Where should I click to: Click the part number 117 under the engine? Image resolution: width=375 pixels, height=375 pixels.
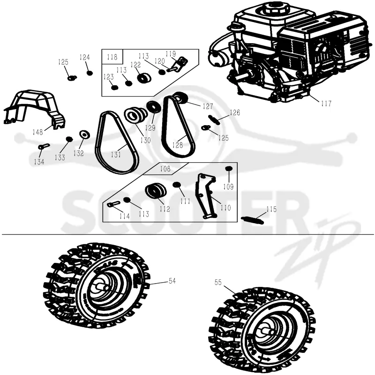click(326, 104)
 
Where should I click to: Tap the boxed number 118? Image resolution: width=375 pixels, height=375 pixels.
click(112, 57)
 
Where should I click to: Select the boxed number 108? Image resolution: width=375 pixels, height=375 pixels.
click(165, 169)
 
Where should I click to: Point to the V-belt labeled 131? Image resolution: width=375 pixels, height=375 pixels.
click(98, 143)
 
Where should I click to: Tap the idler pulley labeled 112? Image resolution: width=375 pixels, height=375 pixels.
click(156, 191)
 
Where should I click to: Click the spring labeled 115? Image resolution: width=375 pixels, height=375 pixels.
click(252, 220)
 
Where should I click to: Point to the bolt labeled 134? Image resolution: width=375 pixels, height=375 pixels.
click(44, 146)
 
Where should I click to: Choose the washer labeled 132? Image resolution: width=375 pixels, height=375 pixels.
click(85, 135)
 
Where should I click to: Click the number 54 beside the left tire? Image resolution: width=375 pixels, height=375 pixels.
click(172, 281)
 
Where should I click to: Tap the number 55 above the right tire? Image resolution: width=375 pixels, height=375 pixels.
click(218, 283)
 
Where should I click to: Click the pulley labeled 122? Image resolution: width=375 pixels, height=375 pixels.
click(144, 78)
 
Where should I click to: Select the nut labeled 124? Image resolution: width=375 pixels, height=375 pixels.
click(90, 73)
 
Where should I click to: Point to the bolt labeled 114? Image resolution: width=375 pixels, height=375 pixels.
click(113, 204)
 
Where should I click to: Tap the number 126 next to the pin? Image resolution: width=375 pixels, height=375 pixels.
click(235, 112)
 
